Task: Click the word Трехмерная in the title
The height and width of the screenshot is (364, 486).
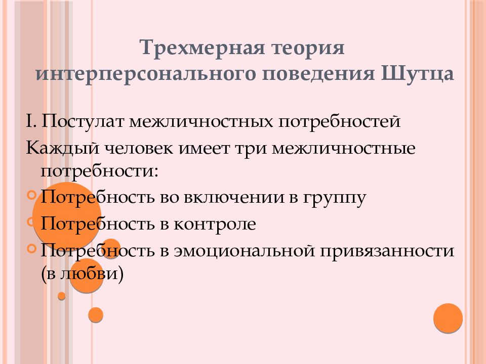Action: pos(202,50)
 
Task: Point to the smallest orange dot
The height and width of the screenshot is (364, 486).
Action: pos(62,296)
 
